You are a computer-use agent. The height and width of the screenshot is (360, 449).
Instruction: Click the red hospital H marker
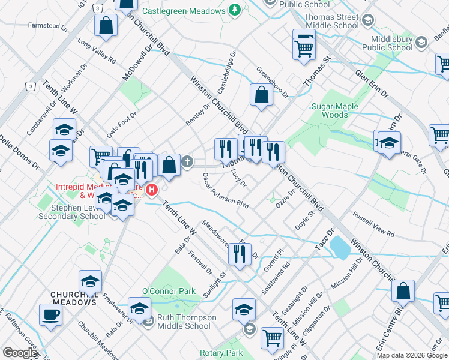point(152,190)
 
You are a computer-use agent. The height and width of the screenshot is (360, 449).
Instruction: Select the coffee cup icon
point(50,314)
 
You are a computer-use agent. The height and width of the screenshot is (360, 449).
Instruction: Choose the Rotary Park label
point(223,353)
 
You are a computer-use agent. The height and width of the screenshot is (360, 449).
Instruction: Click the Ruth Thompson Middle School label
point(184,322)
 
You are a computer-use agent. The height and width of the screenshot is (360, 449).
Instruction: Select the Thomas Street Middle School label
point(331,22)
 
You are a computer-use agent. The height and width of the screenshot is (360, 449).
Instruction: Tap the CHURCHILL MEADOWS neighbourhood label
point(74,302)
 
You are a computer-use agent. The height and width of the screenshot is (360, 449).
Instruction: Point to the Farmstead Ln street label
point(47,26)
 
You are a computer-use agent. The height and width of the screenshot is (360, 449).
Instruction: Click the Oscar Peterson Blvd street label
point(226,191)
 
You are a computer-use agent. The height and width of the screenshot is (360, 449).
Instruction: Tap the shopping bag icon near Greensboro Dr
point(261,94)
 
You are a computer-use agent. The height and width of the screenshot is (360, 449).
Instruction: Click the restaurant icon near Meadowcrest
point(239,254)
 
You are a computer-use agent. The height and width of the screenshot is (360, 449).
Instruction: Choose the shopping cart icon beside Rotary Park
point(272,337)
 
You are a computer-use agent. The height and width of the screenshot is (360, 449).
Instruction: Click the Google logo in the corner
point(20,353)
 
